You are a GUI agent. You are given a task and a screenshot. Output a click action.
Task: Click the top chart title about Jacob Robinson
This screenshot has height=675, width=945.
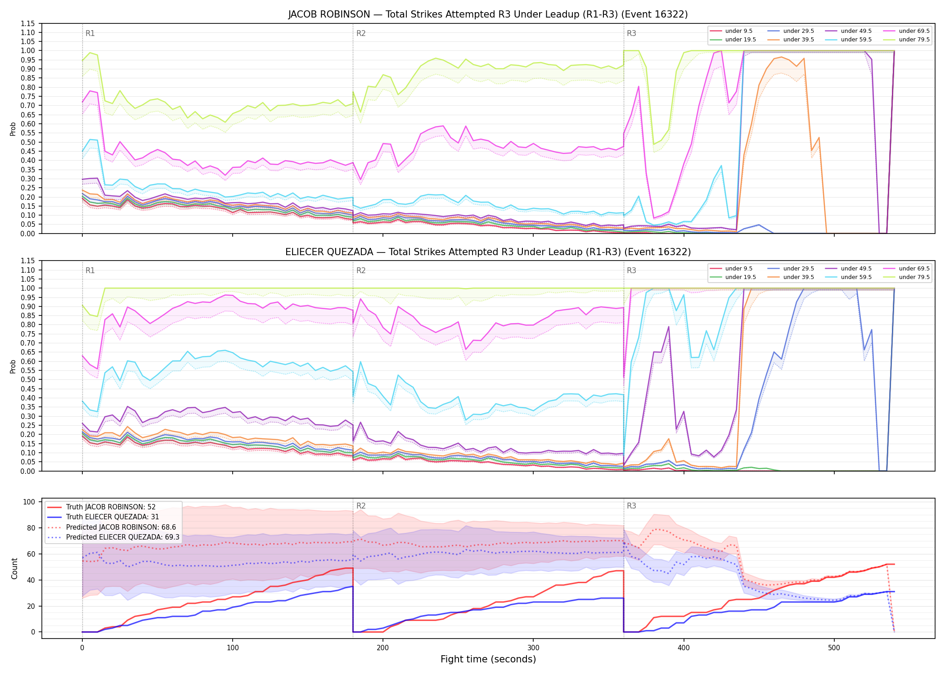pyautogui.click(x=488, y=14)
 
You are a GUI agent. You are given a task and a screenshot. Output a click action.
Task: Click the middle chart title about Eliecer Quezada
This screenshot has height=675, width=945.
pyautogui.click(x=488, y=252)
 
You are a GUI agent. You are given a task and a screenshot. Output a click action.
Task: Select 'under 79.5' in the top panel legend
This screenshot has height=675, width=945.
pyautogui.click(x=914, y=40)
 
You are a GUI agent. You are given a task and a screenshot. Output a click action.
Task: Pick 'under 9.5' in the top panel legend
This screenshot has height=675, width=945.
pyautogui.click(x=738, y=31)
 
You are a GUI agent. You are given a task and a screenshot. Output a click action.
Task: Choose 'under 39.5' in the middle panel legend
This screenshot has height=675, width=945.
pyautogui.click(x=798, y=277)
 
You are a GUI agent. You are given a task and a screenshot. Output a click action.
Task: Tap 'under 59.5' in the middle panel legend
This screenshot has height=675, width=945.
pyautogui.click(x=856, y=277)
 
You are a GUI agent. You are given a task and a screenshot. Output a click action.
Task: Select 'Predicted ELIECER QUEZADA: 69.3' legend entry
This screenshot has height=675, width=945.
pyautogui.click(x=122, y=537)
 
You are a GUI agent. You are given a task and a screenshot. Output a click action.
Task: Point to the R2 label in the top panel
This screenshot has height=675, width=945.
pyautogui.click(x=361, y=33)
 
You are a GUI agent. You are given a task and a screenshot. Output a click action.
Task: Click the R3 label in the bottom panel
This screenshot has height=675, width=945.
pyautogui.click(x=631, y=506)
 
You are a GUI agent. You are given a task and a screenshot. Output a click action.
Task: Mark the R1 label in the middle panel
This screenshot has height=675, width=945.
pyautogui.click(x=90, y=270)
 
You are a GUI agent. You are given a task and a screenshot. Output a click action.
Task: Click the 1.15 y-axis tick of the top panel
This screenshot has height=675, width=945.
pyautogui.click(x=28, y=23)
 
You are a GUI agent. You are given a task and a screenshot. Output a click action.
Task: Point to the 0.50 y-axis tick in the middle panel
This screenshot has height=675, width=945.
pyautogui.click(x=28, y=379)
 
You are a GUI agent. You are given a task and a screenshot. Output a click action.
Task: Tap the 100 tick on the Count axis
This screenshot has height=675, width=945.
pyautogui.click(x=30, y=502)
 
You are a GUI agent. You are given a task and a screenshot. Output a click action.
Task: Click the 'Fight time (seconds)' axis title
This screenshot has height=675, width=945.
pyautogui.click(x=488, y=660)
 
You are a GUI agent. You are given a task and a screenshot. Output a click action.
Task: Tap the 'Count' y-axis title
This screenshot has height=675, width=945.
pyautogui.click(x=14, y=568)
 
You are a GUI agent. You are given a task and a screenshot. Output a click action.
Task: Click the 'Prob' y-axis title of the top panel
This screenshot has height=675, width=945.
pyautogui.click(x=13, y=129)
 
